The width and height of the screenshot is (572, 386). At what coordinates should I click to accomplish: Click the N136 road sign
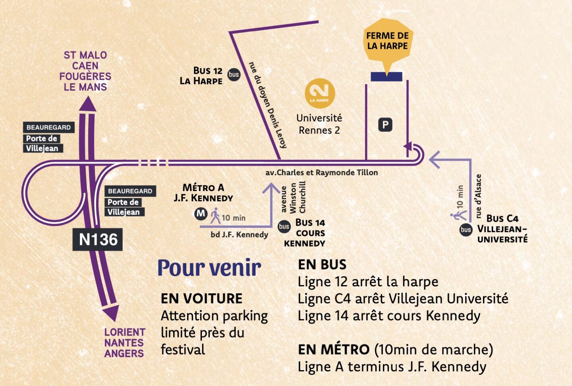click(x=98, y=239)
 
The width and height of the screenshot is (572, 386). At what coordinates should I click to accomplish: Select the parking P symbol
click(x=385, y=125)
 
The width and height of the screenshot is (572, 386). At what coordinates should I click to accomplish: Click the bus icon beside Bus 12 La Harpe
click(x=234, y=74)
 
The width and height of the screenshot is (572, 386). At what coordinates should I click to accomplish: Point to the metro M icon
click(x=201, y=214)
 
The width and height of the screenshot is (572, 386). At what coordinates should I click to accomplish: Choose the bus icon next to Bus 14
click(x=284, y=226)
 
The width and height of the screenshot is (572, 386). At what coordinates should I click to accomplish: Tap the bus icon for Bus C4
click(x=466, y=230)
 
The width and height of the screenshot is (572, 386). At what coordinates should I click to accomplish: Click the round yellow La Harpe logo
click(x=320, y=93)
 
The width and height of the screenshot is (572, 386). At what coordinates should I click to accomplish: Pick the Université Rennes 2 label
click(x=319, y=124)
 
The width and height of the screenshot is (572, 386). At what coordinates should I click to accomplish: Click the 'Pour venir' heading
click(x=209, y=268)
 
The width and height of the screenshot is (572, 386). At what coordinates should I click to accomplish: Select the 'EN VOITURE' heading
click(x=201, y=299)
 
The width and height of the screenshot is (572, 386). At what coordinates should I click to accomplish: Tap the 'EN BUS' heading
click(x=322, y=264)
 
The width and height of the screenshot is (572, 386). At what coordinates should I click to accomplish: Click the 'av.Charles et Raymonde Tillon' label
click(x=321, y=173)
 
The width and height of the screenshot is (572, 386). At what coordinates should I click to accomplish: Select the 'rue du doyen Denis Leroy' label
click(x=267, y=105)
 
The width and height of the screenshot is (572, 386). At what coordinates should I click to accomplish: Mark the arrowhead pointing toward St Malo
click(x=88, y=105)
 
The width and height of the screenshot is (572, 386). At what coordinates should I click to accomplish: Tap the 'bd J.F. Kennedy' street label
click(x=239, y=235)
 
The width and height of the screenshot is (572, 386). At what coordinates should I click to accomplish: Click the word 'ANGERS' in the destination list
click(x=124, y=353)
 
